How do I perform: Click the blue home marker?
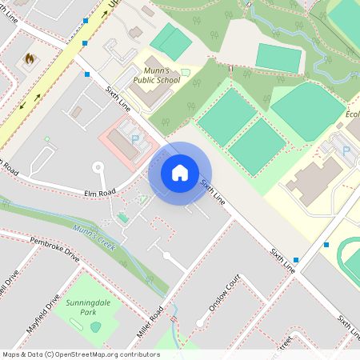click(x=180, y=172)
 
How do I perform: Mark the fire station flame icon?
click(x=30, y=58)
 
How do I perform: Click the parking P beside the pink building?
click(x=135, y=139)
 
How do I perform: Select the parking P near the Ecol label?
click(x=346, y=150)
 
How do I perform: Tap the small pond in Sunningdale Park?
click(x=96, y=326)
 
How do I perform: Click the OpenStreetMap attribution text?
click(x=81, y=354)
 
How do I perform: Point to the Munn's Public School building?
click(x=146, y=90)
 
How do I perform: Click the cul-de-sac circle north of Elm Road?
click(x=98, y=167)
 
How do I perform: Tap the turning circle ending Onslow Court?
click(x=166, y=256)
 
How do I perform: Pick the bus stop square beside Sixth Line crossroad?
click(x=86, y=74)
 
